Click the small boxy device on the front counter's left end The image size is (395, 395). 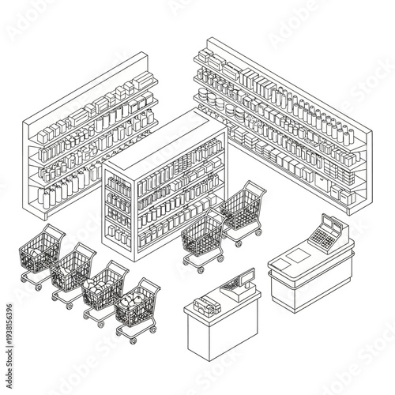coord(206,303)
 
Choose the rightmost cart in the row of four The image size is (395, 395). coord(137,304)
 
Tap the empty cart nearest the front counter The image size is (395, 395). coord(203,236)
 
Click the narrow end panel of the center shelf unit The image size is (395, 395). coord(118,209)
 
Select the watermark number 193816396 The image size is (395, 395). coord(9,269)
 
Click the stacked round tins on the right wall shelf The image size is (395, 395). coord(212,98)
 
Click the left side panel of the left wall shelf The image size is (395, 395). coord(32,170)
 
